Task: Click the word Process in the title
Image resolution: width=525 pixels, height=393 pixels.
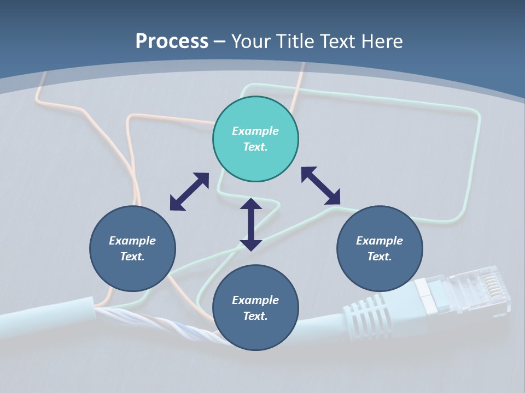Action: (x=172, y=41)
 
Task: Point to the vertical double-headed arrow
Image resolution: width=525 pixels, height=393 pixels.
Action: (x=251, y=224)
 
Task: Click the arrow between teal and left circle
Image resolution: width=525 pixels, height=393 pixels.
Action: (x=189, y=192)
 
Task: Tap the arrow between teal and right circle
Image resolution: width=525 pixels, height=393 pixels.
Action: (x=320, y=186)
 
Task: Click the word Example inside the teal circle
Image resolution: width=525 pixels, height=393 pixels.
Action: (x=255, y=131)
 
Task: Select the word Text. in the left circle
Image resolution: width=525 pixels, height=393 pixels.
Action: (x=132, y=257)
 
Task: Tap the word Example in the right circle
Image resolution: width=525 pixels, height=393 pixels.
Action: (x=380, y=241)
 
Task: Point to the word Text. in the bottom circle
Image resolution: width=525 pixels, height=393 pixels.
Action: (x=255, y=316)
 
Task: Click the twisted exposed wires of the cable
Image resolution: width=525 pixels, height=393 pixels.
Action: (x=159, y=322)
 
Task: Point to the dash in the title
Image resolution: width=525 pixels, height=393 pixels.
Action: (x=220, y=41)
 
